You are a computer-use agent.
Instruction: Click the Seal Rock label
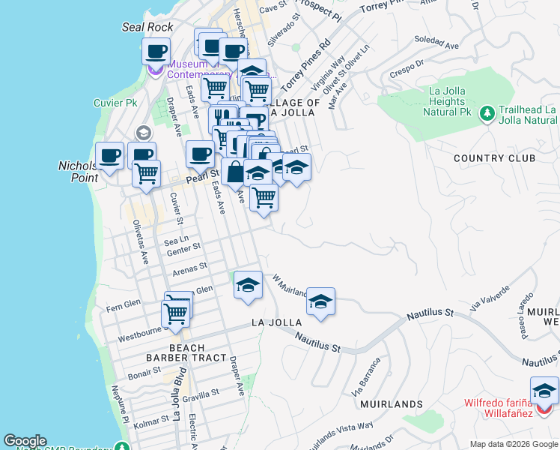[147, 27]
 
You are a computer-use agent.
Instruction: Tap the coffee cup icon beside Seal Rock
[156, 52]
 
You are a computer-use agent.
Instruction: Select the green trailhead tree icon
[487, 113]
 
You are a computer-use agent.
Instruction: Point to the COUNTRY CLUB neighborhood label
[494, 158]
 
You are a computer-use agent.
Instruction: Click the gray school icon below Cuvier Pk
[142, 133]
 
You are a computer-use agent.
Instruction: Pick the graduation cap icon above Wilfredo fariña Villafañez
[544, 391]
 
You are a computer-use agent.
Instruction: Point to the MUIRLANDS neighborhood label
[391, 404]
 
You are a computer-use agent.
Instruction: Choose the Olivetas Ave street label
[140, 242]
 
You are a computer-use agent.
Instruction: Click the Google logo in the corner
[25, 441]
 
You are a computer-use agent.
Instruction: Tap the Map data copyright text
[513, 444]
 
